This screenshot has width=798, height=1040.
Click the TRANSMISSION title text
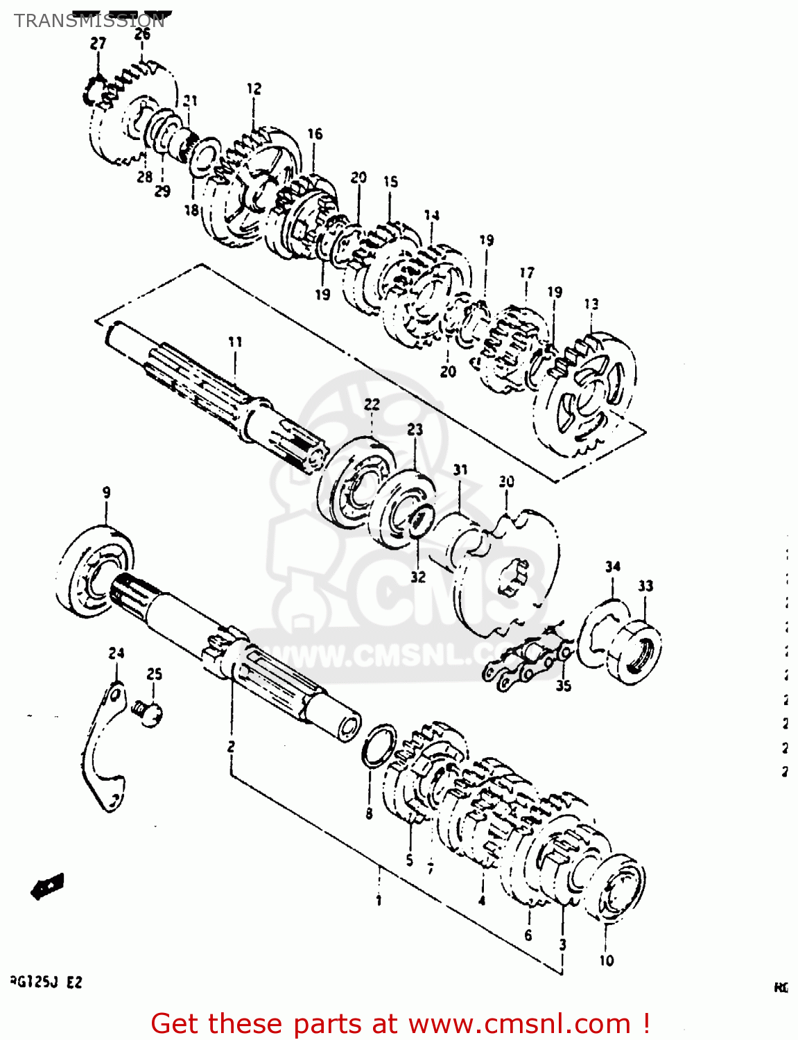pyautogui.click(x=89, y=21)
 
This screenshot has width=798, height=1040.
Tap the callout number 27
pyautogui.click(x=98, y=43)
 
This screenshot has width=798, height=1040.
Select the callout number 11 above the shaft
pyautogui.click(x=235, y=342)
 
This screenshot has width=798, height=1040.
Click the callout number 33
pyautogui.click(x=645, y=586)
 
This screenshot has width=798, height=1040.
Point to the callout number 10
pyautogui.click(x=607, y=960)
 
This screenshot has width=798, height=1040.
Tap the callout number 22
pyautogui.click(x=372, y=404)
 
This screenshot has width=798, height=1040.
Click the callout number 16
pyautogui.click(x=315, y=134)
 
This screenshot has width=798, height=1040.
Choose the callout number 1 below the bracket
pyautogui.click(x=379, y=901)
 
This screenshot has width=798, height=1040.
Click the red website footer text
pyautogui.click(x=400, y=1023)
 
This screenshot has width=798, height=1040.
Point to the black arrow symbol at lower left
pyautogui.click(x=48, y=886)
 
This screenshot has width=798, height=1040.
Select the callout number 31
pyautogui.click(x=460, y=470)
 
